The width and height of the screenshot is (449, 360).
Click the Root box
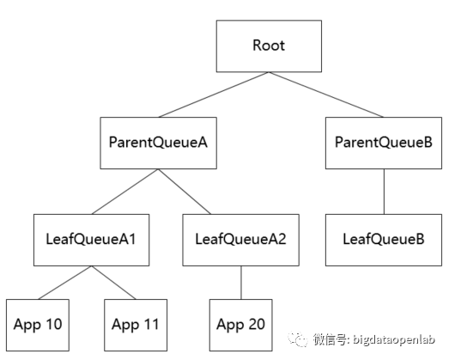point(269,46)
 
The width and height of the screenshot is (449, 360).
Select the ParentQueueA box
point(158,143)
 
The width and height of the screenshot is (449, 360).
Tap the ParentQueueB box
point(384,143)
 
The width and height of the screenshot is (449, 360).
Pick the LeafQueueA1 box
point(91,240)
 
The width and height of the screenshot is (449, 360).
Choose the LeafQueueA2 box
point(241,240)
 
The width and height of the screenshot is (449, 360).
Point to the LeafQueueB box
point(384,240)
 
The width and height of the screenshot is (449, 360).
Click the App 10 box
point(38,325)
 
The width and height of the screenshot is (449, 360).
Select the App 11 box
point(136,325)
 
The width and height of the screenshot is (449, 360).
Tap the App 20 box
point(241,325)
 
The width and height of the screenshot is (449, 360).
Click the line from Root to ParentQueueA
point(214,95)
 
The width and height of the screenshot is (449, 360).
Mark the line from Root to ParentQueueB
point(326,95)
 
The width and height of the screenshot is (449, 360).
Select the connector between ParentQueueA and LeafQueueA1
point(124,192)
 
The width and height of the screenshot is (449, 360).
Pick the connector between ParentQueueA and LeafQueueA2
point(185,192)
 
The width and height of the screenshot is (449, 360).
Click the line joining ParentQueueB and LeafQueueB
point(384,192)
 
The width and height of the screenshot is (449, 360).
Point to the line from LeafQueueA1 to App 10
point(65,283)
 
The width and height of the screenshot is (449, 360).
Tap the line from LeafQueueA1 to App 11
point(114,283)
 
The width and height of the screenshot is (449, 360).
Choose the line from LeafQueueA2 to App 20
point(241,283)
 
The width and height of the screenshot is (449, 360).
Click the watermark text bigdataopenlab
point(394,339)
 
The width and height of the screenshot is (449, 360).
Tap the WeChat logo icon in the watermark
point(298,339)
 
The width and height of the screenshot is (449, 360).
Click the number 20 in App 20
point(257,324)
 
